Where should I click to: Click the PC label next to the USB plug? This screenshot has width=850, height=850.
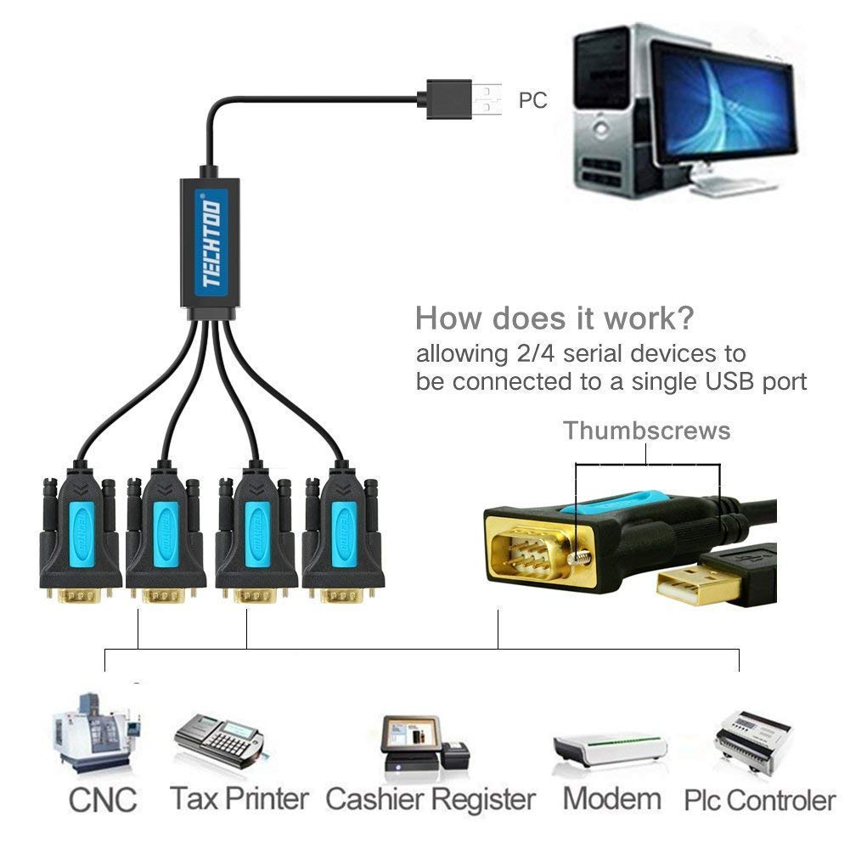[532, 100]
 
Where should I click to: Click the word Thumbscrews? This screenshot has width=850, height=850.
[647, 431]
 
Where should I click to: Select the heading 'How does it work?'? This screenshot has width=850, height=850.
[554, 319]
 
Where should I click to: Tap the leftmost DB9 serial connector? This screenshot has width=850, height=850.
[79, 535]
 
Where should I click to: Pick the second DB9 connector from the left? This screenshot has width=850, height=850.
[166, 535]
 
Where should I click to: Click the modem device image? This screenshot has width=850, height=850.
[610, 746]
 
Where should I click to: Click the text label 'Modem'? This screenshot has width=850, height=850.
[611, 799]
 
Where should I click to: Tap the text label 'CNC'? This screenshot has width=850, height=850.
[103, 799]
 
